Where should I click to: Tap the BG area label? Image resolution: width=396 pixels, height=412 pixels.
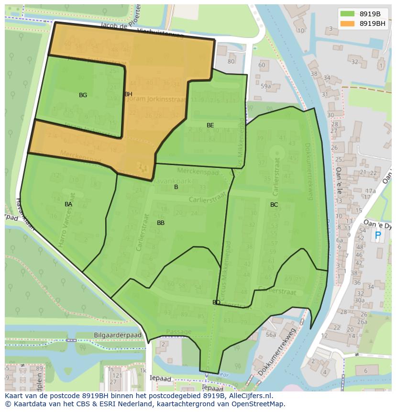(x=83, y=95)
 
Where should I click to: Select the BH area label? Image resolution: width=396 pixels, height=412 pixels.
(x=128, y=94)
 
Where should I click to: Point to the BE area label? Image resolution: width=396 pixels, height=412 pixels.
(x=210, y=125)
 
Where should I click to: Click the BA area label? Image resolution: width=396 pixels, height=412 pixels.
(x=68, y=204)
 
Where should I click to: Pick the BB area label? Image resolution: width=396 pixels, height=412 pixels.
(x=161, y=223)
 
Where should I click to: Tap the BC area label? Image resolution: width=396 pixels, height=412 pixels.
(x=274, y=205)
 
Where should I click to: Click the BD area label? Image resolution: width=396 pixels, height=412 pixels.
(x=216, y=302)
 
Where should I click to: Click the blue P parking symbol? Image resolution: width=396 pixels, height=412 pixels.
(x=378, y=235)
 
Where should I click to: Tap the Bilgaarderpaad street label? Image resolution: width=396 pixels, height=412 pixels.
(x=118, y=335)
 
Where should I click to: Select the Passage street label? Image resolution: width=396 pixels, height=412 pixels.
(x=178, y=332)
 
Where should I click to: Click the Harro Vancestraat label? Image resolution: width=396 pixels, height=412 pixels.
(x=66, y=220)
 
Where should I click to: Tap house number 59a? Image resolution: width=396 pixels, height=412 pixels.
(x=266, y=86)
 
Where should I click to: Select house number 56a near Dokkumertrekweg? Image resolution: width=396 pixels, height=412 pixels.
(x=271, y=335)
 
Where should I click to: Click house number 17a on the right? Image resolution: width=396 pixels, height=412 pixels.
(x=370, y=191)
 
